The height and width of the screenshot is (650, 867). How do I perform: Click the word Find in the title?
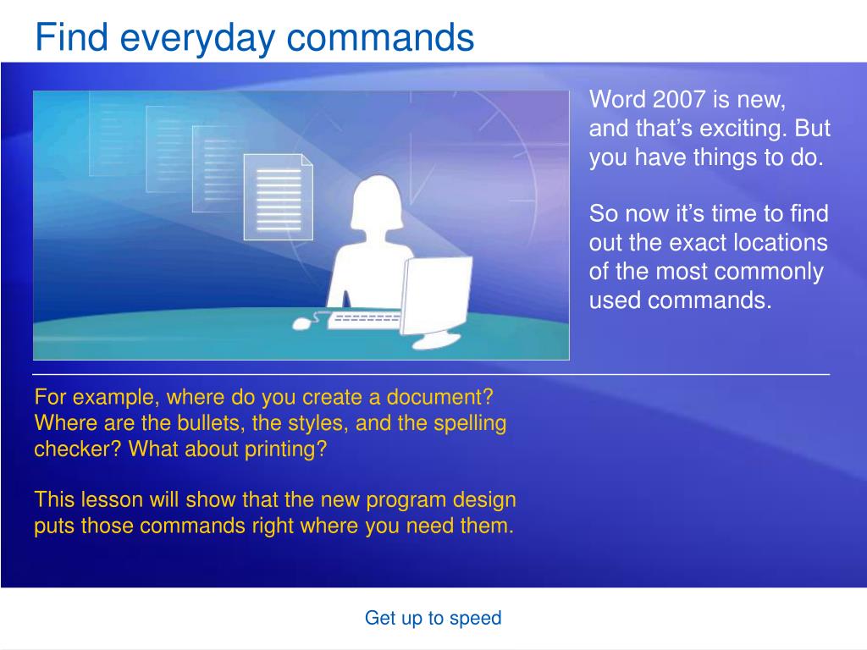[71, 37]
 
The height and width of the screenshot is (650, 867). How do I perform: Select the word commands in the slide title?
[380, 37]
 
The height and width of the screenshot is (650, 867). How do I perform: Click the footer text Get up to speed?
[433, 617]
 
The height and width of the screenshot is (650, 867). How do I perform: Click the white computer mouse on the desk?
[302, 322]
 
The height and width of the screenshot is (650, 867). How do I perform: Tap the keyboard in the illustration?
[364, 320]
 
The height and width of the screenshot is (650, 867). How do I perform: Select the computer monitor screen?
[436, 295]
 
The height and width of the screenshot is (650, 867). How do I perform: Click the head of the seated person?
[378, 201]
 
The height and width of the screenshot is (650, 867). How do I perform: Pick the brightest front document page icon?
[279, 196]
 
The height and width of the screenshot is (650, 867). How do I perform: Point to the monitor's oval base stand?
[436, 342]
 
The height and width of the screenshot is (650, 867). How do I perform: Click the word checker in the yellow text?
[77, 449]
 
